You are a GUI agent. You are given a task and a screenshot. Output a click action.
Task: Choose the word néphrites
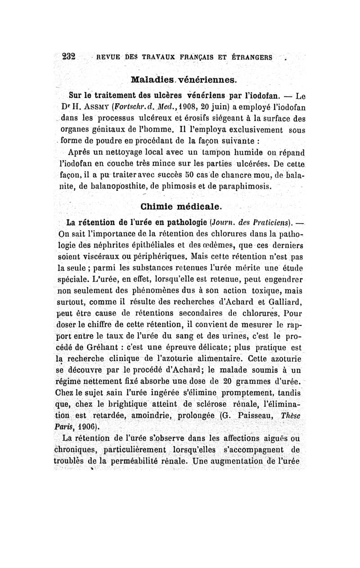(x=104, y=246)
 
